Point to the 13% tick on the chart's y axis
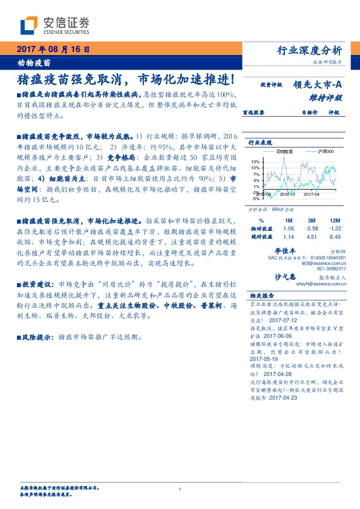257,161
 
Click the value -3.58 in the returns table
312,229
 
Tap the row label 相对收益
261,229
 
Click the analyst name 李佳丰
284,250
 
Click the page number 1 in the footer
180,489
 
